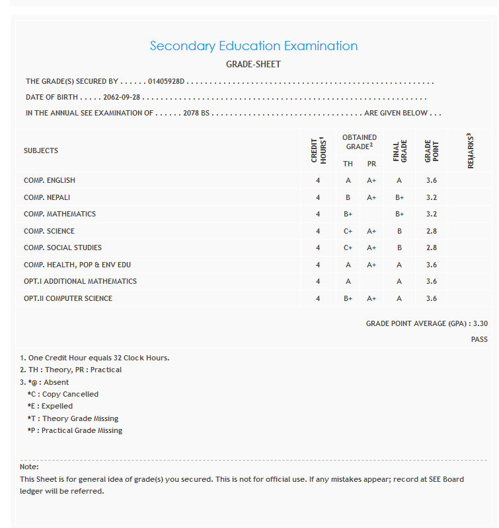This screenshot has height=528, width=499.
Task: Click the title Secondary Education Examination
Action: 253,46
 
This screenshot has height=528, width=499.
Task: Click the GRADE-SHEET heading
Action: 253,65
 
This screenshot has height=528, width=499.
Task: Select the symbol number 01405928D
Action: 167,82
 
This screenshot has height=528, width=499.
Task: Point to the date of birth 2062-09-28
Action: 122,97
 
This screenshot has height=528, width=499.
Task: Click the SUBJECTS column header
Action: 41,150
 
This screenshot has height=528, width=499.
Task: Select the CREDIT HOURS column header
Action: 319,150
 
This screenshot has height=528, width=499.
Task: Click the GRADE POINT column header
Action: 432,150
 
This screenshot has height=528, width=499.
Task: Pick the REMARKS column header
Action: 471,150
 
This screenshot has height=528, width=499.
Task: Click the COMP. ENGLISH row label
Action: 50,180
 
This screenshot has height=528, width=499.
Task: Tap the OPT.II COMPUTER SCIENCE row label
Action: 68,298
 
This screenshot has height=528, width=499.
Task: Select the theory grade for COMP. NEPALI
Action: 348,197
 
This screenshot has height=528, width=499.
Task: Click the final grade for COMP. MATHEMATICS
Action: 399,214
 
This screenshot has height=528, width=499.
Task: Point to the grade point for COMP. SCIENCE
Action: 432,231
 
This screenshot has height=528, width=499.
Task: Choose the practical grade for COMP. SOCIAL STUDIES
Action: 371,247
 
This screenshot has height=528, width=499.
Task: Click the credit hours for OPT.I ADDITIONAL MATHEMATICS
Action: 318,281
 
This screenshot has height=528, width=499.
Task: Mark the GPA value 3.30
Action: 480,324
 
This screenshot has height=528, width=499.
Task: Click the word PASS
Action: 479,339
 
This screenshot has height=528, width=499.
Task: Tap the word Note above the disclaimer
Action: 29,467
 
